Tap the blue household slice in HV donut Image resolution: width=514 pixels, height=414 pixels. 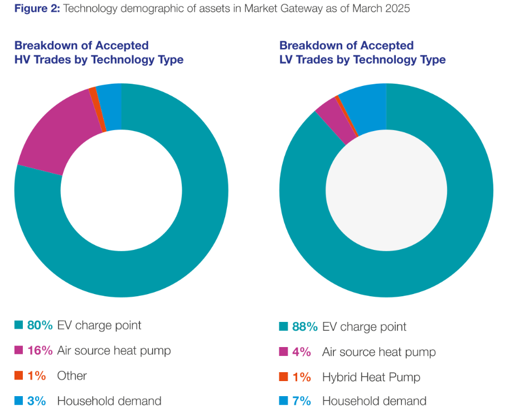coord(111,106)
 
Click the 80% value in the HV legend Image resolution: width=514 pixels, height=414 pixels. coord(40,325)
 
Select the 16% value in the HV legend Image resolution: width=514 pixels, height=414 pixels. coord(40,350)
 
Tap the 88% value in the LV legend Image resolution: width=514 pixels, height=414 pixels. coord(305,326)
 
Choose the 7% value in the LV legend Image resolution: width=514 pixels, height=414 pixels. coord(302,401)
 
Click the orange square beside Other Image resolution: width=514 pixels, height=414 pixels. coord(18,376)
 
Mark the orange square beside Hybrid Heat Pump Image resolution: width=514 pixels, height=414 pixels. coord(283,377)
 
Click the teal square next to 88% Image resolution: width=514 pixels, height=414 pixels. coord(283,327)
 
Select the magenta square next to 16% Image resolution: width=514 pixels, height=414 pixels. coord(18,350)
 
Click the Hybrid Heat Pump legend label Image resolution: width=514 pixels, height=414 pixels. coord(371,377)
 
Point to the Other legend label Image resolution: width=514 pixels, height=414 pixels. coord(72,376)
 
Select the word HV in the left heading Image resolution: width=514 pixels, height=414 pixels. coord(23,60)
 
